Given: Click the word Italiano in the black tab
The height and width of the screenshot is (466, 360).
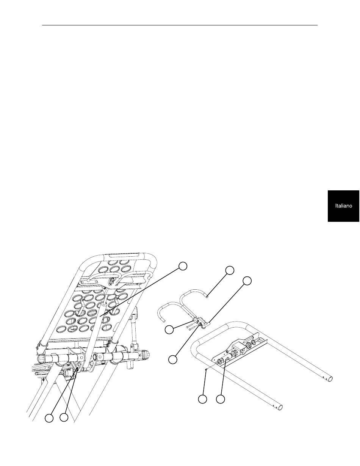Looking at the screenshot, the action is (x=343, y=206).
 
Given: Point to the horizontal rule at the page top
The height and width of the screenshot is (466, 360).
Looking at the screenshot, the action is (x=180, y=25).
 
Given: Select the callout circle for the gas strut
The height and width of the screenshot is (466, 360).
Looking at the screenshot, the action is (x=183, y=266).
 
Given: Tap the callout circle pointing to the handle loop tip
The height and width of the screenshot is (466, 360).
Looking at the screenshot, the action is (x=230, y=270).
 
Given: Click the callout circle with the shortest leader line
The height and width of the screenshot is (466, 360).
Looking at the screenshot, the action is (x=169, y=329).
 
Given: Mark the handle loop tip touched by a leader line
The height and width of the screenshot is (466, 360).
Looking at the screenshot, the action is (x=207, y=297).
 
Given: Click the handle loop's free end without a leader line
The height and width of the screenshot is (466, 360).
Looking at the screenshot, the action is (x=164, y=321).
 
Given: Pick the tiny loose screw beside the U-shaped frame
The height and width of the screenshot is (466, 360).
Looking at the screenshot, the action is (x=205, y=369).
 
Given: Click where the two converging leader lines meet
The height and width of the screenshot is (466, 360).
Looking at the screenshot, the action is (x=77, y=369).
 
